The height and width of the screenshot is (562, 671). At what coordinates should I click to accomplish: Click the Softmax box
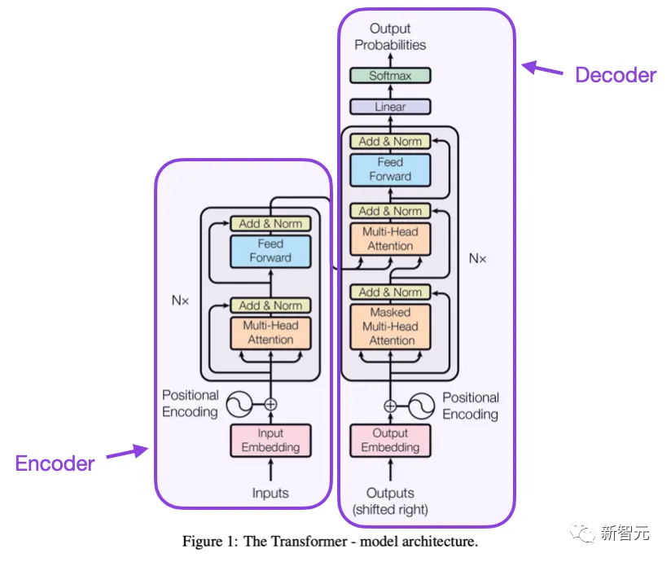pyautogui.click(x=390, y=76)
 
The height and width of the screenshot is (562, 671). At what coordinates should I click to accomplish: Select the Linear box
pyautogui.click(x=390, y=107)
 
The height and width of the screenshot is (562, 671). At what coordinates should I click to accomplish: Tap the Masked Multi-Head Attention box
pyautogui.click(x=390, y=327)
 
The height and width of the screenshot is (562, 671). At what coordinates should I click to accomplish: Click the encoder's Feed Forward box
pyautogui.click(x=270, y=251)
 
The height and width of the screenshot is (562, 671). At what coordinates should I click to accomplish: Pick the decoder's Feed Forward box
pyautogui.click(x=390, y=169)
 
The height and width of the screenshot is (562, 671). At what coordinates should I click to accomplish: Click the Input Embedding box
pyautogui.click(x=270, y=441)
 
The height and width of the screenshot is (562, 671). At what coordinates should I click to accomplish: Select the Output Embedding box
pyautogui.click(x=390, y=441)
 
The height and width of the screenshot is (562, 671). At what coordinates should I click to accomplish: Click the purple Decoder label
pyautogui.click(x=615, y=76)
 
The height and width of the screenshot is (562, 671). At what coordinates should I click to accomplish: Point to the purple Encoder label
pyautogui.click(x=55, y=464)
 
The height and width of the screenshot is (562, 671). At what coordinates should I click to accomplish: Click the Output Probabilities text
pyautogui.click(x=390, y=37)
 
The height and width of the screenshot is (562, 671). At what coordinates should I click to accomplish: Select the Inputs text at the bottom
pyautogui.click(x=270, y=494)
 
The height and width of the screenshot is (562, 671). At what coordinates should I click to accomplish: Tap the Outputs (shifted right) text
pyautogui.click(x=390, y=502)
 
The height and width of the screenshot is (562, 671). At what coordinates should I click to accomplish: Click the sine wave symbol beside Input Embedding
pyautogui.click(x=240, y=404)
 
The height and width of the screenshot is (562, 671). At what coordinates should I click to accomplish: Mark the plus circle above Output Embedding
pyautogui.click(x=390, y=405)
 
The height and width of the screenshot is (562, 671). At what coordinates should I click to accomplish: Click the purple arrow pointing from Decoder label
pyautogui.click(x=542, y=68)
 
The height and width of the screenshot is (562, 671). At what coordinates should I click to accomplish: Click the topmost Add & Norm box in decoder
pyautogui.click(x=390, y=141)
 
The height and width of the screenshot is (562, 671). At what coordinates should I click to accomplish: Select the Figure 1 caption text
pyautogui.click(x=330, y=542)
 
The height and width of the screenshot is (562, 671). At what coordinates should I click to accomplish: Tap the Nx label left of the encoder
pyautogui.click(x=180, y=301)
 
